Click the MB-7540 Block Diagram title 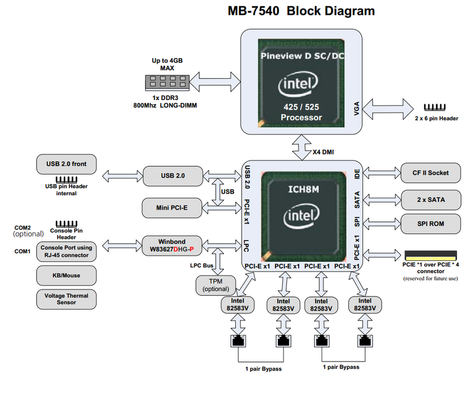pos(301,11)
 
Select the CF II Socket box pos(431,173)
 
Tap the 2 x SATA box pos(431,200)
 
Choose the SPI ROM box pos(431,223)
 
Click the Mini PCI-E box pos(172,207)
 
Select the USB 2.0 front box pos(66,164)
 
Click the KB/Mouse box pos(66,275)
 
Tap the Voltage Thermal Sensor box pos(66,299)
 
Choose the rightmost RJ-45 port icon pos(364,341)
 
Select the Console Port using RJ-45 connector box pos(66,251)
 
